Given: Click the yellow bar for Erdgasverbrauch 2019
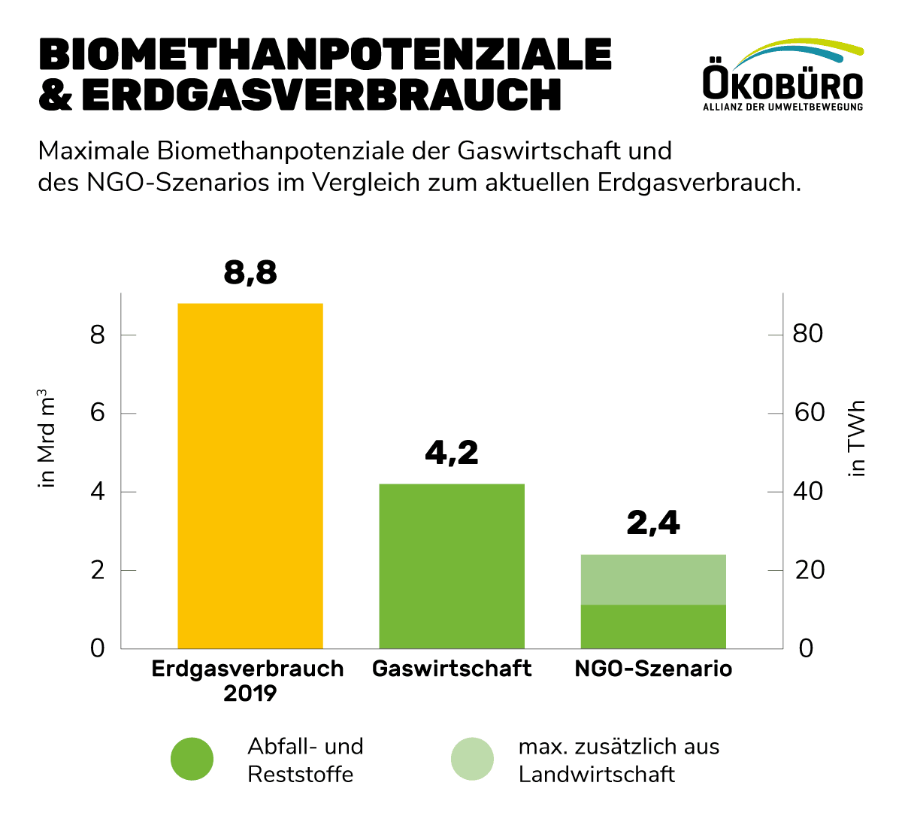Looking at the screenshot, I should pyautogui.click(x=250, y=475).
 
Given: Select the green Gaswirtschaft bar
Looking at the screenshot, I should pyautogui.click(x=452, y=566).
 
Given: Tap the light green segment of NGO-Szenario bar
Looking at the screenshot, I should pyautogui.click(x=653, y=579).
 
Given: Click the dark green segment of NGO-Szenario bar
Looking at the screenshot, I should pyautogui.click(x=653, y=626).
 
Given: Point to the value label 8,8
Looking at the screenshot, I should pyautogui.click(x=250, y=273).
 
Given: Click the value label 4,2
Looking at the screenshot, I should pyautogui.click(x=452, y=453).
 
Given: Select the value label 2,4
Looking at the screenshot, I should pyautogui.click(x=653, y=523).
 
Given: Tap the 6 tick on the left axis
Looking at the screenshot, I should pyautogui.click(x=98, y=414).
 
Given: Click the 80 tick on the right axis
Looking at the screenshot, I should pyautogui.click(x=808, y=334).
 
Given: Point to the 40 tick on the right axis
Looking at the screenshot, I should pyautogui.click(x=808, y=492).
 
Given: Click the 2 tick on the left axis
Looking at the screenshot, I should pyautogui.click(x=98, y=571).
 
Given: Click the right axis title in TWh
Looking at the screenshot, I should pyautogui.click(x=857, y=438).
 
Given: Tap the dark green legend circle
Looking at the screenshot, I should pyautogui.click(x=192, y=759).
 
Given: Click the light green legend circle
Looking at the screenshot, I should pyautogui.click(x=472, y=759).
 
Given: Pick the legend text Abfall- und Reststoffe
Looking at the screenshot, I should pyautogui.click(x=305, y=760).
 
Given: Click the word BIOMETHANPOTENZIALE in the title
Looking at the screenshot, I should pyautogui.click(x=325, y=54).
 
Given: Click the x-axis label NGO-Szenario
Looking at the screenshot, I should pyautogui.click(x=653, y=669).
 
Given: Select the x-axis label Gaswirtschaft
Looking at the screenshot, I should pyautogui.click(x=452, y=669).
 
